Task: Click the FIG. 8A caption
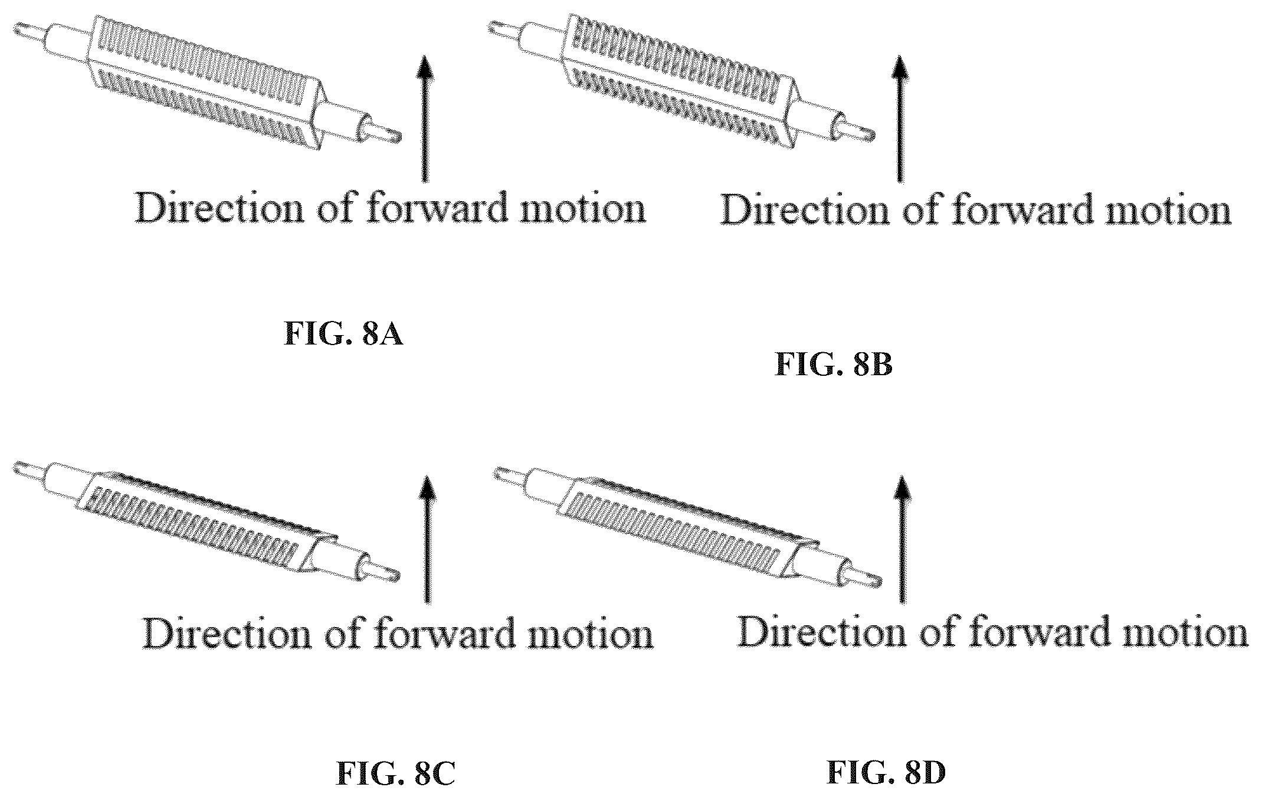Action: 343,334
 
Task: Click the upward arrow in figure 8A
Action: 423,118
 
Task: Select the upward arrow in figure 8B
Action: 899,118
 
